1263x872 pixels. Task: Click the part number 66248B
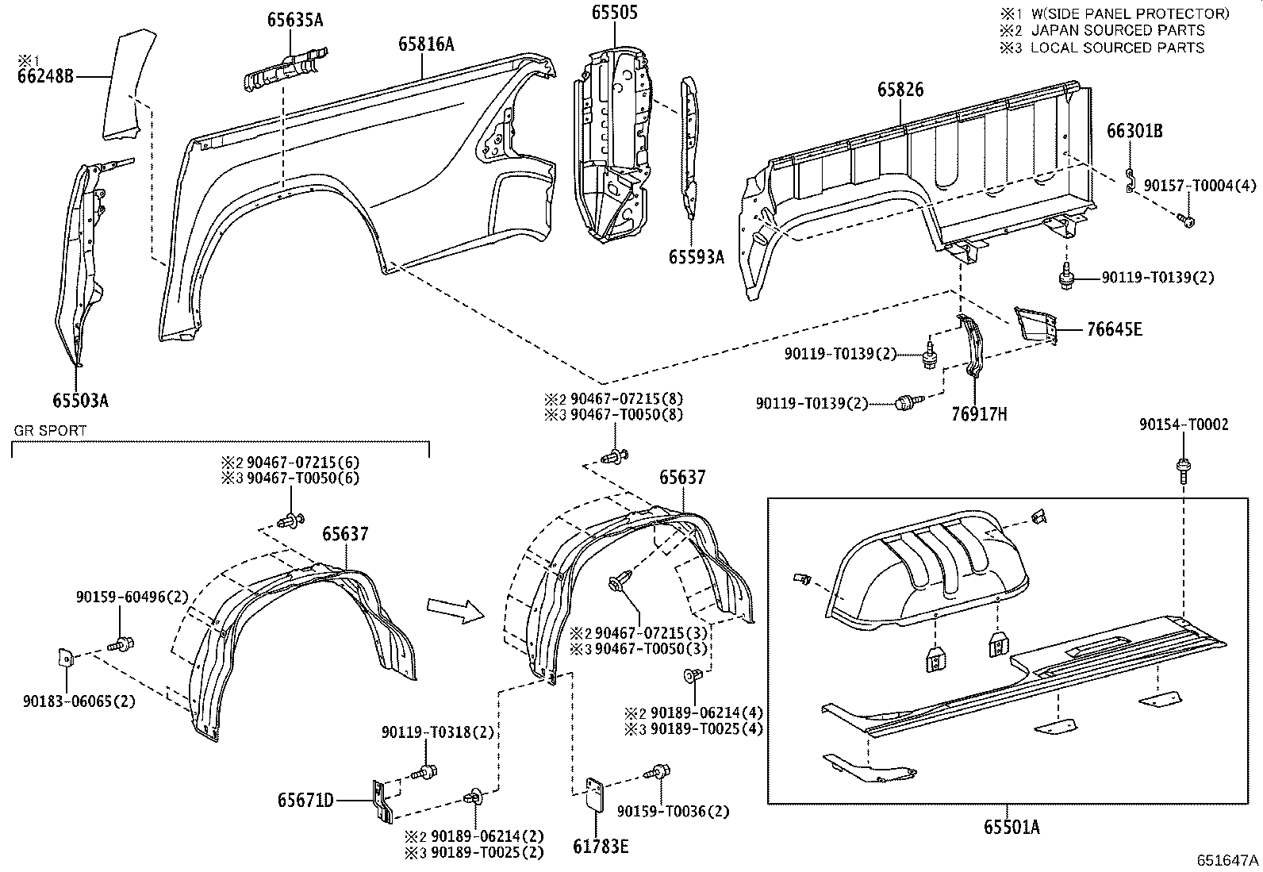coord(44,76)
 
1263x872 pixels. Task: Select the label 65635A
coord(294,21)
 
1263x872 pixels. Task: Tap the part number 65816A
coord(426,44)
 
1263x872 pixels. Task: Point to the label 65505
coord(614,12)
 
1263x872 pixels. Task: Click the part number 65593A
coord(696,256)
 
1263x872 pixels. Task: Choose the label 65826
coord(900,90)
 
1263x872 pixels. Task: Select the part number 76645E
coord(1114,329)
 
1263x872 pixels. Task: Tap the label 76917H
coord(979,413)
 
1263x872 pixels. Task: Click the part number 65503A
coord(80,400)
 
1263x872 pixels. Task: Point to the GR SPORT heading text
coord(50,431)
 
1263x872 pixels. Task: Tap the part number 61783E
coord(601,847)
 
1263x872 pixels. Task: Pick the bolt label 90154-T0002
coord(1184,425)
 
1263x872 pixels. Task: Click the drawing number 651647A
coord(1227,860)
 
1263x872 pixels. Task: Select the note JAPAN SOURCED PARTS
coord(1117,30)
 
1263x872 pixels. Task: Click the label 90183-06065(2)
coord(79,701)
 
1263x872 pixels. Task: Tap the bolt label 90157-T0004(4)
coord(1200,185)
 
